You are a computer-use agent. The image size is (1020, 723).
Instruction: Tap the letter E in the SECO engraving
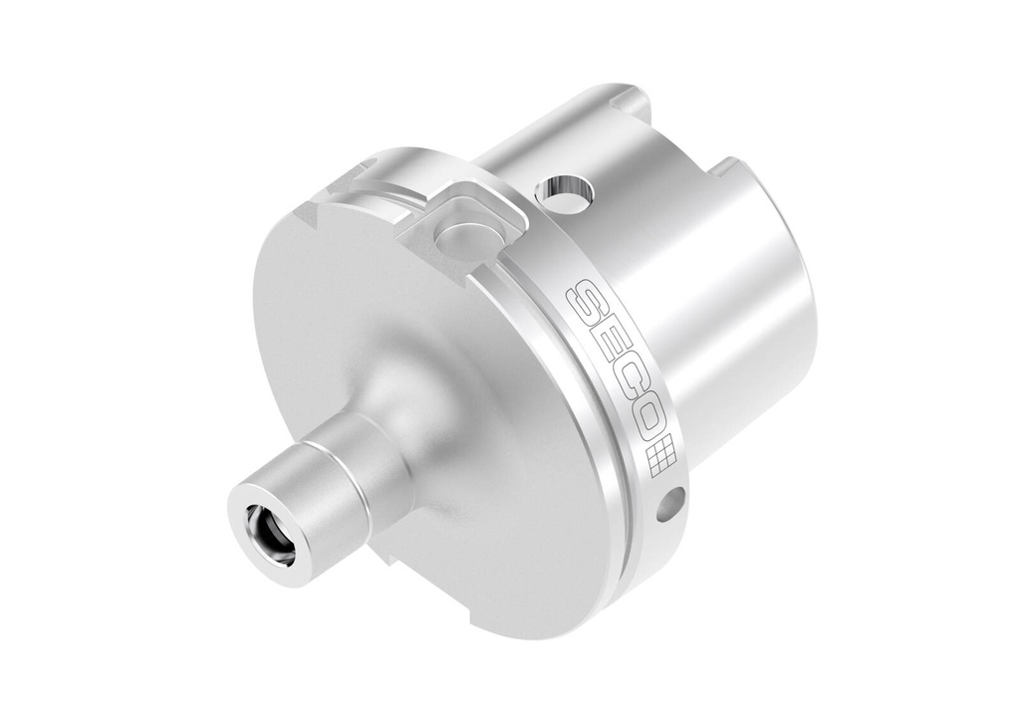(x=603, y=344)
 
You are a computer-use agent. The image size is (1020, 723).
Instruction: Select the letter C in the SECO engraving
(x=623, y=382)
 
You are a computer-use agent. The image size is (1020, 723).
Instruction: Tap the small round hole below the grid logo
(x=671, y=503)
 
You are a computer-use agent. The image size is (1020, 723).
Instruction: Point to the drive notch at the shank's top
(x=630, y=100)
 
